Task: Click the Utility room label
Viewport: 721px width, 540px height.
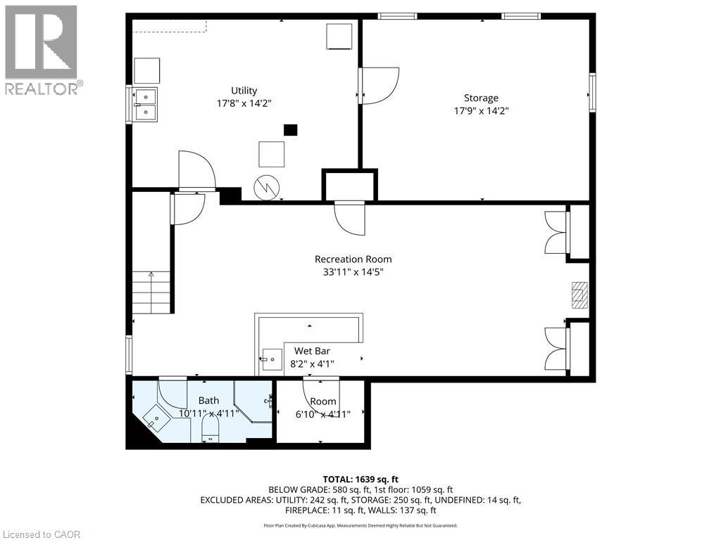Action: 244,91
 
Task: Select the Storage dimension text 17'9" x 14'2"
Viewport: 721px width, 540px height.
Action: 481,110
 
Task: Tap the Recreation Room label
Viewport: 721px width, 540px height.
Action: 353,259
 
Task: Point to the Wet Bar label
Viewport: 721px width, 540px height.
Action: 312,351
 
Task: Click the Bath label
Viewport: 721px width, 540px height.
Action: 208,400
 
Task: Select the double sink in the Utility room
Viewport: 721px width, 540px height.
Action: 146,105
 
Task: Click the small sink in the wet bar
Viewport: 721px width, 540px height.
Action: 272,359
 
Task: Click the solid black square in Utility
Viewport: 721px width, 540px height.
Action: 291,130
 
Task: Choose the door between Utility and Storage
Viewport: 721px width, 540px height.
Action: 379,86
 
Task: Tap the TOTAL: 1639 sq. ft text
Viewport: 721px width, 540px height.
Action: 360,480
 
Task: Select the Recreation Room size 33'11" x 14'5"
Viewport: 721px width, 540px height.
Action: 353,272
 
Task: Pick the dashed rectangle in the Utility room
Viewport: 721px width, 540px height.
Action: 169,26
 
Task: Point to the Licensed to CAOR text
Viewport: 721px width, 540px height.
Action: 42,534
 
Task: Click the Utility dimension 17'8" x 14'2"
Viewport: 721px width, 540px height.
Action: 244,103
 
